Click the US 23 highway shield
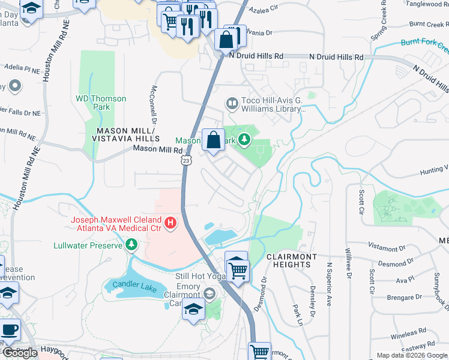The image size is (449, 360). [187, 161]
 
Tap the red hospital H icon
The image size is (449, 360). [170, 224]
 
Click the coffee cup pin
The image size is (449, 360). [9, 331]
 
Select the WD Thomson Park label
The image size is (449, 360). [101, 103]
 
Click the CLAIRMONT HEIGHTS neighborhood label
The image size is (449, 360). [291, 261]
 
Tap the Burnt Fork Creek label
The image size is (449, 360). [424, 43]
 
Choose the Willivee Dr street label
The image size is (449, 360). [348, 258]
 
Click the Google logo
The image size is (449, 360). [19, 353]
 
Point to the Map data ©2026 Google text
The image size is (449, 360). [412, 355]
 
